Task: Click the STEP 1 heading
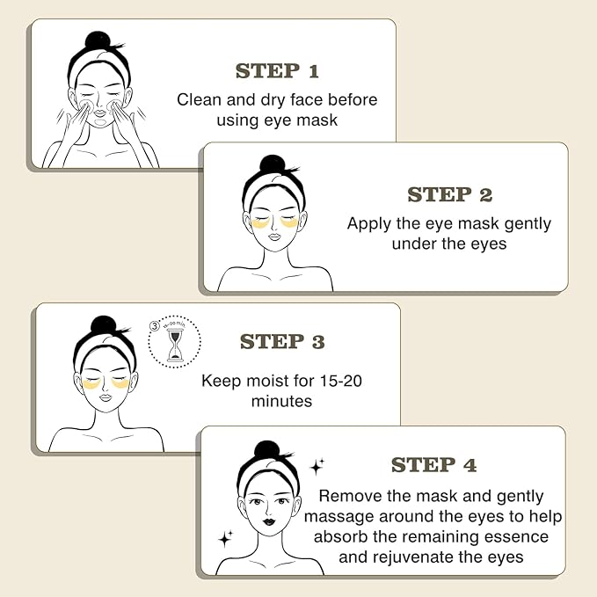click(276, 71)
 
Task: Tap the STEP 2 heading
click(449, 194)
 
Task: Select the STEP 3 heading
click(282, 342)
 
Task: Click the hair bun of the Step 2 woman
click(273, 164)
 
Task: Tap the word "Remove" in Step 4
click(350, 496)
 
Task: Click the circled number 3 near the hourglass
click(155, 325)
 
